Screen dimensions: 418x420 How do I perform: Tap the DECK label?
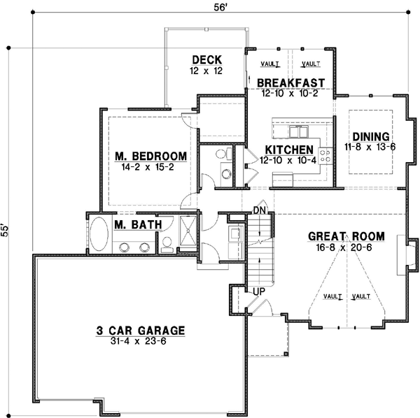(x=206, y=59)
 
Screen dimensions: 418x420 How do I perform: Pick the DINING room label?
(x=370, y=136)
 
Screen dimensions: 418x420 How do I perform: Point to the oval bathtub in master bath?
(x=99, y=233)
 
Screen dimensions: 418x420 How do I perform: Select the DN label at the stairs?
(x=259, y=210)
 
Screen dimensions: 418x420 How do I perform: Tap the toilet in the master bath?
(x=167, y=244)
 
